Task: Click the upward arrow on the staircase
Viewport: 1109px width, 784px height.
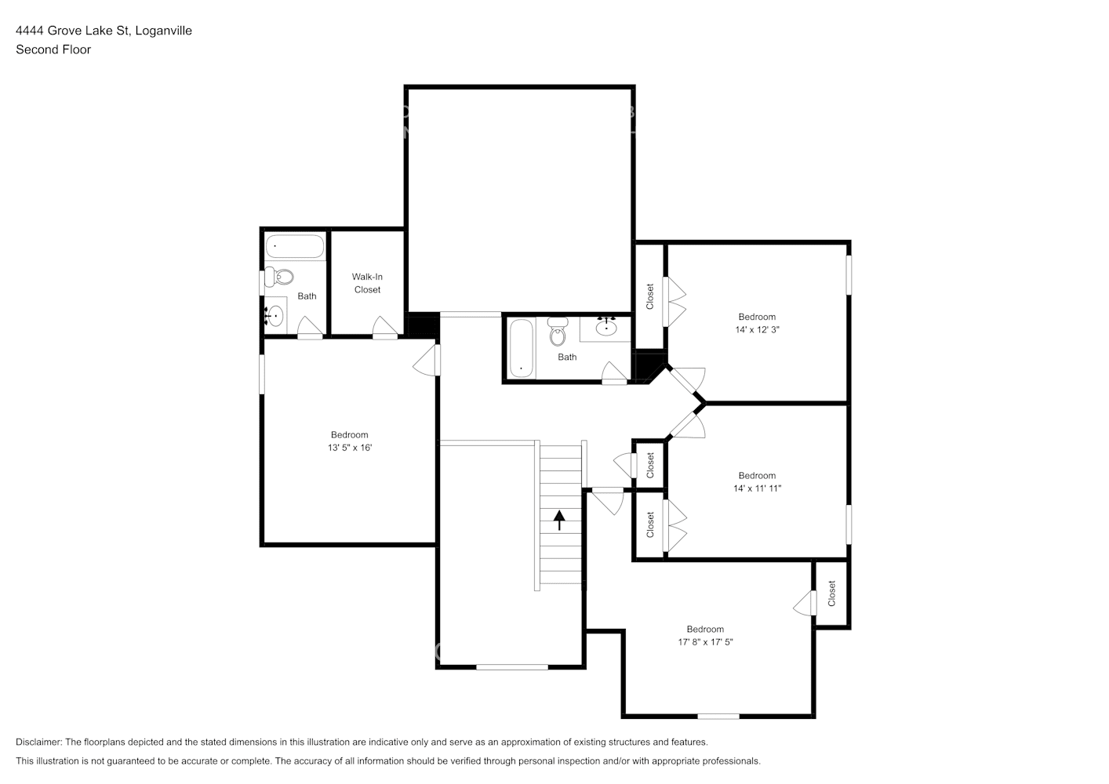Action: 559,521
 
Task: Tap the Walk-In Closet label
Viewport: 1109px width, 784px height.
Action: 367,283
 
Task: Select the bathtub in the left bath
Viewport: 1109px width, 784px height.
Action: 295,246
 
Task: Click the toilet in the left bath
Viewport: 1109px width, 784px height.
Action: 280,277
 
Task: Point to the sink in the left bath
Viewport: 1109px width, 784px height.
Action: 275,316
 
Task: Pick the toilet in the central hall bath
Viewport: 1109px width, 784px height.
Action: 558,332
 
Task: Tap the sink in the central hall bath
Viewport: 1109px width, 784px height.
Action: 606,327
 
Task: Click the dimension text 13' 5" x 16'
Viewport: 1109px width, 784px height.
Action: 350,448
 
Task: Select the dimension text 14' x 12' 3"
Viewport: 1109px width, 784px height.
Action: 757,330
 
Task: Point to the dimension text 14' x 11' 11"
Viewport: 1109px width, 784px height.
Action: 757,488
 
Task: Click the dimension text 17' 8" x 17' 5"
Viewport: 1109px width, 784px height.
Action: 705,642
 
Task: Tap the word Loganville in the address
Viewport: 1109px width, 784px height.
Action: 163,31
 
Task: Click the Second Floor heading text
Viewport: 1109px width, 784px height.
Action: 53,49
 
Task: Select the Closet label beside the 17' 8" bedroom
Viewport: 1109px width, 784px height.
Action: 832,593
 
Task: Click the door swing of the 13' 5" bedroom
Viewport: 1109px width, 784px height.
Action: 426,360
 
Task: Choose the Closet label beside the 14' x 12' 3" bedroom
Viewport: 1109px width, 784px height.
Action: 650,296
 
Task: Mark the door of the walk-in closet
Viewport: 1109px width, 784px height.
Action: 384,328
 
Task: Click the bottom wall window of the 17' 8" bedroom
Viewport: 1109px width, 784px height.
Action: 718,716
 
